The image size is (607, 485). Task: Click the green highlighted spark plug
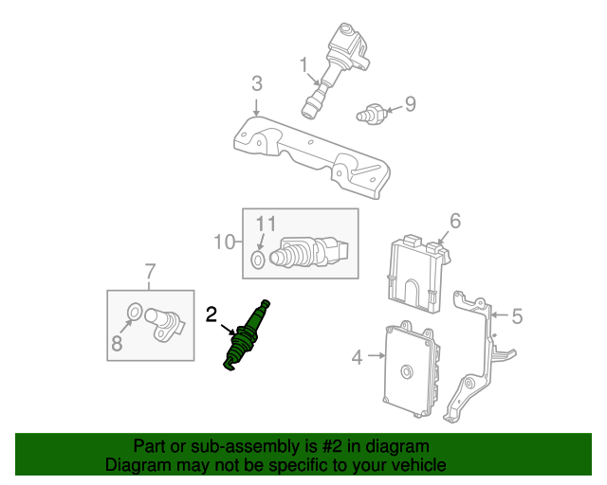[247, 335]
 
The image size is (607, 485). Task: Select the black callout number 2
[211, 314]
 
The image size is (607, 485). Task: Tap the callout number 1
[303, 64]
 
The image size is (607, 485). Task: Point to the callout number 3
[257, 83]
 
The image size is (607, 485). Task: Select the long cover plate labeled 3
[312, 157]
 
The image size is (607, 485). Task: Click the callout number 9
[411, 103]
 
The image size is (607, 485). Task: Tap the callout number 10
[225, 242]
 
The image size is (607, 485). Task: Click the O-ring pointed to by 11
[258, 260]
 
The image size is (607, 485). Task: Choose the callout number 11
[267, 224]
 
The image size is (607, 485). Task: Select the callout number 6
[455, 221]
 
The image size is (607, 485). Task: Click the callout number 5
[517, 316]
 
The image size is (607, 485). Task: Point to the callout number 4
[357, 357]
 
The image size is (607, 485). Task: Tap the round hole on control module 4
[406, 371]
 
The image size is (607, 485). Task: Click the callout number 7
[150, 271]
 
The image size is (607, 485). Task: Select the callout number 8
[117, 343]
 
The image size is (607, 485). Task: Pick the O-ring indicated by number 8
[135, 312]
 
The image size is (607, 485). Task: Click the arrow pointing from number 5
[500, 315]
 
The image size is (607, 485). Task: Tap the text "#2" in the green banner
[332, 446]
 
